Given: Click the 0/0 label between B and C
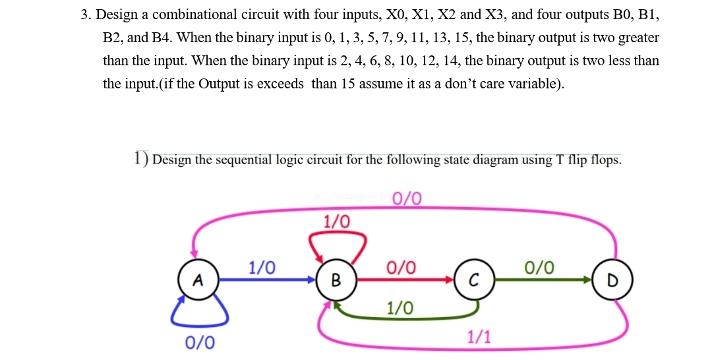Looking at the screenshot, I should [401, 268].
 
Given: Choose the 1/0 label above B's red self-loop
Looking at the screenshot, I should [337, 221].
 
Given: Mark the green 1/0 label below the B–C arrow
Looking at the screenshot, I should [400, 307].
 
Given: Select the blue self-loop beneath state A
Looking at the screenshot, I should [200, 315].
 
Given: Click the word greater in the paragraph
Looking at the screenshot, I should [639, 38].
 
